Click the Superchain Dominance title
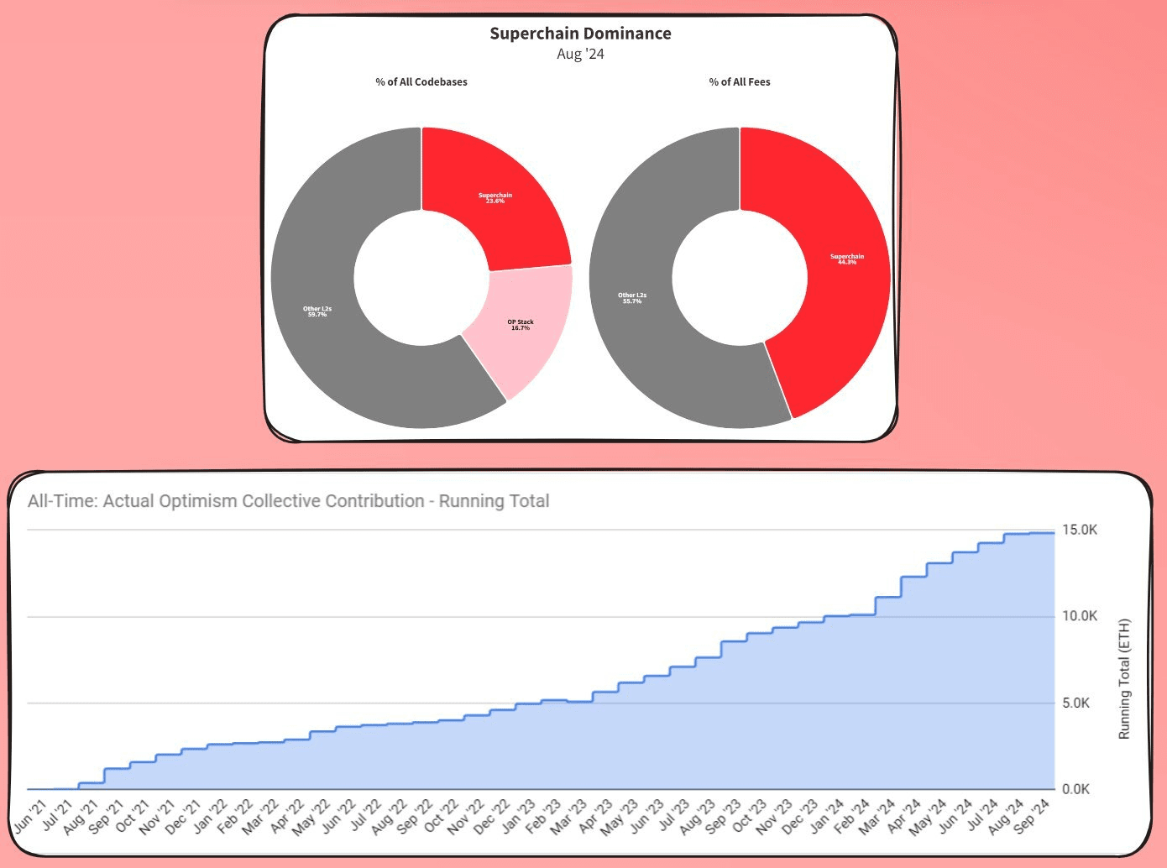580,34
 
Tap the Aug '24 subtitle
580,54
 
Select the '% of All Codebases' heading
421,81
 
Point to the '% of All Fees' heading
740,81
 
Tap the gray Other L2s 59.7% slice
317,311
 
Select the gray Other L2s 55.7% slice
632,298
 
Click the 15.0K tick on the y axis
1080,531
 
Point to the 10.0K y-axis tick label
1080,616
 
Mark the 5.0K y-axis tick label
1075,703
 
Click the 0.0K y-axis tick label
1075,789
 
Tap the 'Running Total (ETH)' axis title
1124,679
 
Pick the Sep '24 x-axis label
1032,815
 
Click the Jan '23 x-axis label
518,815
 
